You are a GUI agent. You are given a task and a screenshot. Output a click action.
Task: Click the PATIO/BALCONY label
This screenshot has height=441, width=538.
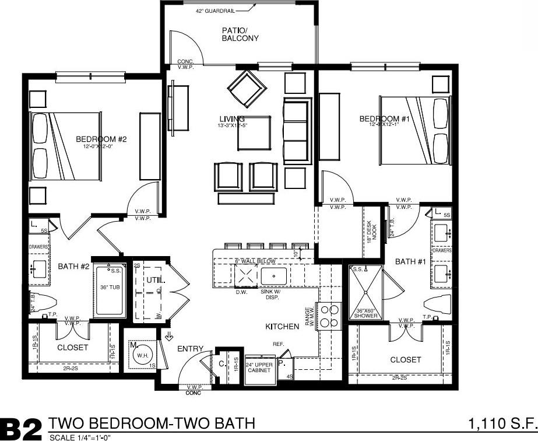(x=240, y=34)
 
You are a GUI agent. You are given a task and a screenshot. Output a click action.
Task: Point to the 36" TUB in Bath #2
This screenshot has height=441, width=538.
(x=109, y=287)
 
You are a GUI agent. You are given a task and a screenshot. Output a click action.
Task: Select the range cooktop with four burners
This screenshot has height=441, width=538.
(x=330, y=316)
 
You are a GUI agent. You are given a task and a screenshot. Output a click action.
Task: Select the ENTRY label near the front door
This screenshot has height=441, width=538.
(x=190, y=349)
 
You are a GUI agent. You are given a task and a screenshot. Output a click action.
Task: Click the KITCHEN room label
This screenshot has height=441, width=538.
(x=282, y=327)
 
